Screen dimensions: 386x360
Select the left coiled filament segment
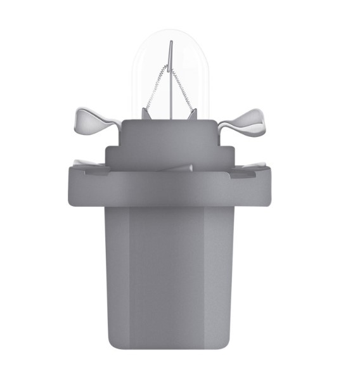point(155,88)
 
